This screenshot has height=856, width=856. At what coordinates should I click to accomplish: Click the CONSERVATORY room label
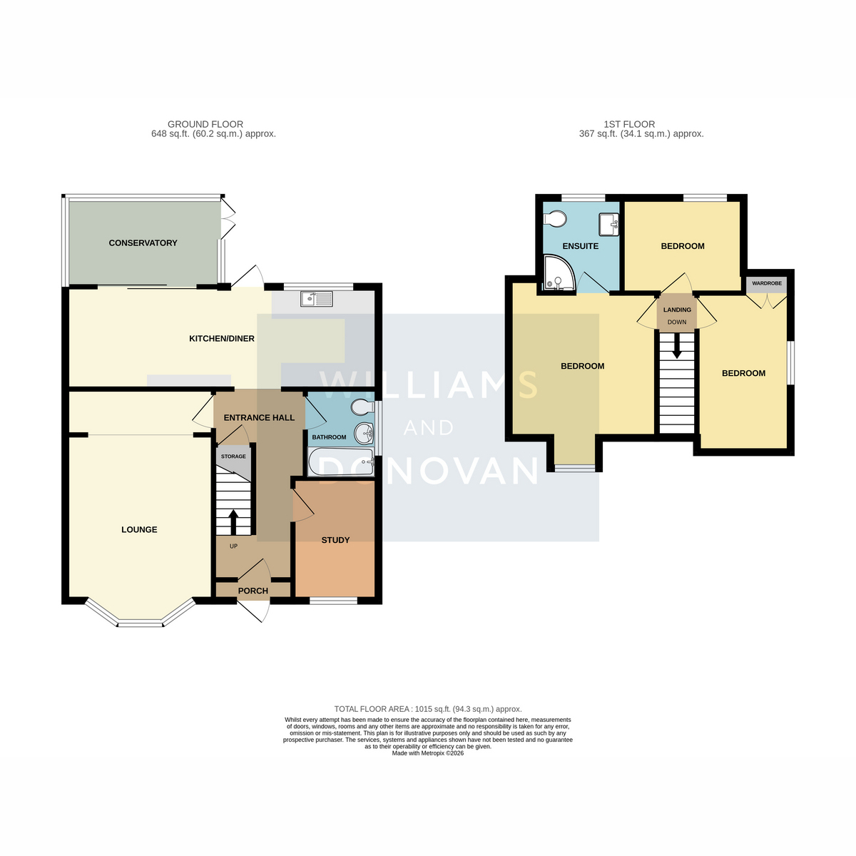pyautogui.click(x=143, y=243)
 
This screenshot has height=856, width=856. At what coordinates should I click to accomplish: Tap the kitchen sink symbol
pyautogui.click(x=316, y=298)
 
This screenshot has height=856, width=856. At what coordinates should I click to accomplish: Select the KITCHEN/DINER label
pyautogui.click(x=222, y=339)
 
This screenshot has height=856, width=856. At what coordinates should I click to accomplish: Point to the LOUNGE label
pyautogui.click(x=139, y=529)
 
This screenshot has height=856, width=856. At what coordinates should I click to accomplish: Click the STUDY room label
pyautogui.click(x=335, y=540)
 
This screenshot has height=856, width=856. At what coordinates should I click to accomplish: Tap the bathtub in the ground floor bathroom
pyautogui.click(x=341, y=462)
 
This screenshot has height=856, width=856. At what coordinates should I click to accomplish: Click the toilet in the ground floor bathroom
pyautogui.click(x=363, y=406)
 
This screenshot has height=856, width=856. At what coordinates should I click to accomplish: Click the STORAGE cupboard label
pyautogui.click(x=233, y=457)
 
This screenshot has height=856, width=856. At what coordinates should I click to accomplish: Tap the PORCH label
pyautogui.click(x=253, y=591)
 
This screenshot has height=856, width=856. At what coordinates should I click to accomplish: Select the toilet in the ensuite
pyautogui.click(x=555, y=218)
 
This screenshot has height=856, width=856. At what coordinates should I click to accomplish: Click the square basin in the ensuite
pyautogui.click(x=608, y=224)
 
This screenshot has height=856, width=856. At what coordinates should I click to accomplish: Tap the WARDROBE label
pyautogui.click(x=767, y=283)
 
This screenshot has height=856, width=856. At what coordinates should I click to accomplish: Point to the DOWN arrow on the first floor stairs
pyautogui.click(x=676, y=345)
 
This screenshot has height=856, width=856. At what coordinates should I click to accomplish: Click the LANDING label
pyautogui.click(x=677, y=310)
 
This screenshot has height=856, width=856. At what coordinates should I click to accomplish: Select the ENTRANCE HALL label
pyautogui.click(x=259, y=417)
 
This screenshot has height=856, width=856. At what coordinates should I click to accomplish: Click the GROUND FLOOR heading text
pyautogui.click(x=205, y=124)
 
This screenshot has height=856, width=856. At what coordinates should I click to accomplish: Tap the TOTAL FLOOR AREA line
pyautogui.click(x=428, y=709)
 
